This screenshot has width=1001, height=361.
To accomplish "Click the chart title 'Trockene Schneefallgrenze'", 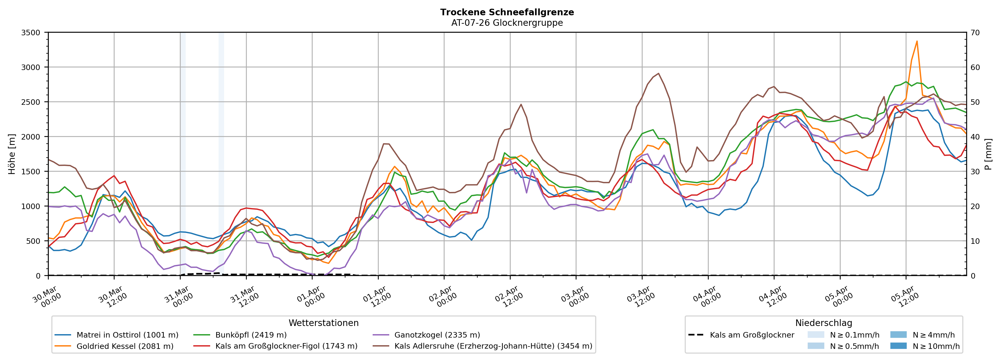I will click(x=507, y=12).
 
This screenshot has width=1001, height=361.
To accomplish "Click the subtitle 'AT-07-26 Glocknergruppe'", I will click(x=507, y=23).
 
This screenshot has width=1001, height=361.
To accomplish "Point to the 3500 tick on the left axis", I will click(x=31, y=33).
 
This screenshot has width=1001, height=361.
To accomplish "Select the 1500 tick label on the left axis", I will click(x=31, y=171).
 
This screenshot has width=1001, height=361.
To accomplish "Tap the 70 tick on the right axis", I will click(x=975, y=33).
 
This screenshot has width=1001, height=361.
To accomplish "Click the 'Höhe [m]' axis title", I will click(x=12, y=154).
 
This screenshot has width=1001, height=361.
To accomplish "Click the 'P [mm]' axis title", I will click(x=988, y=154).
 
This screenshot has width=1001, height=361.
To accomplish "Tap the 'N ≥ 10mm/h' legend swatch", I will click(x=898, y=346).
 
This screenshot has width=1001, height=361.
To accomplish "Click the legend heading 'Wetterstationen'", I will click(x=323, y=323).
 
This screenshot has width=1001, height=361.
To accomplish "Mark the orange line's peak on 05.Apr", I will click(x=917, y=41).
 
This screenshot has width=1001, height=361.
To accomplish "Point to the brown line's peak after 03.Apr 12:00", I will click(x=658, y=73).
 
